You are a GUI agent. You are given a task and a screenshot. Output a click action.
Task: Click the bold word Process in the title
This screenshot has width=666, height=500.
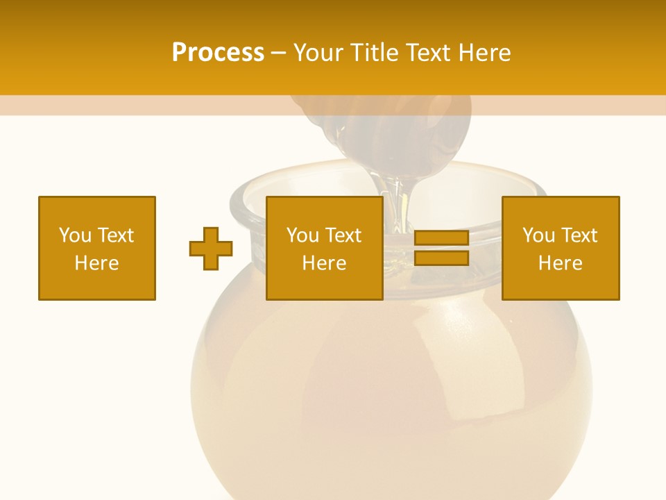[x=218, y=53]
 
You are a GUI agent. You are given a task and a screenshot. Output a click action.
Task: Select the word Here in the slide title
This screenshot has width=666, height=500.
[x=484, y=53]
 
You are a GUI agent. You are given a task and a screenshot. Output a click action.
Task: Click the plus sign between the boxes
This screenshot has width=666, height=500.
[x=211, y=249]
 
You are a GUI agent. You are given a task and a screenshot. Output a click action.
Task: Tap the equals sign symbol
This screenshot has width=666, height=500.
[x=441, y=248]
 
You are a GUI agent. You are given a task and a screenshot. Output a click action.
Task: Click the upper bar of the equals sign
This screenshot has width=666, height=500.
[x=441, y=238]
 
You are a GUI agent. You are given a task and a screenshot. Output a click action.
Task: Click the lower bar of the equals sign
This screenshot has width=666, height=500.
[x=441, y=258]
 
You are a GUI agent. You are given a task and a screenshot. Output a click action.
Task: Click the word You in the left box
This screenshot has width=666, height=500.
[x=75, y=235]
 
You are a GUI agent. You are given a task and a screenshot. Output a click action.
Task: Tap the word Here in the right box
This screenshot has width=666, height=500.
[x=561, y=263]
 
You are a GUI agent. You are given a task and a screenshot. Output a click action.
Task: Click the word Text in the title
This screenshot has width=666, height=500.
[x=429, y=53]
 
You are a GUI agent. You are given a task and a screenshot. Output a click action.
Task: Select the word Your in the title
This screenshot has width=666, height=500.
[x=319, y=53]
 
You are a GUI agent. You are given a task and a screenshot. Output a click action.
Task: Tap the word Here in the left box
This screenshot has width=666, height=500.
[x=97, y=263]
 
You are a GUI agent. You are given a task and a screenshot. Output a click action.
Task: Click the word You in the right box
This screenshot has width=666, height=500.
[x=538, y=235]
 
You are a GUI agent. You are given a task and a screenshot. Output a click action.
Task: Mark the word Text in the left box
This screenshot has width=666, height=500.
[x=117, y=235]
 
